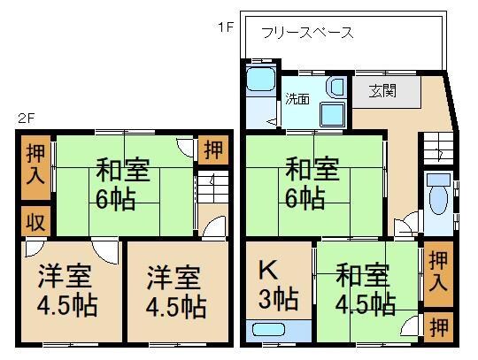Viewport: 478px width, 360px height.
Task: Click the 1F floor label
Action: (226, 27)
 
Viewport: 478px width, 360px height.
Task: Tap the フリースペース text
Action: (307, 34)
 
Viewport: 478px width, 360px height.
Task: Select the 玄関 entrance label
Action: (376, 90)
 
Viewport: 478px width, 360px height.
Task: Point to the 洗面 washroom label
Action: (297, 99)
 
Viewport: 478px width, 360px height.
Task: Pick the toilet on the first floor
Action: (436, 203)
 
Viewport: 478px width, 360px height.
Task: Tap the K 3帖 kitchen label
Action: (270, 286)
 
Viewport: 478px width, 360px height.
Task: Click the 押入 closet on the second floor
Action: (35, 166)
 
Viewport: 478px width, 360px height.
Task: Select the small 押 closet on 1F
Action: (437, 326)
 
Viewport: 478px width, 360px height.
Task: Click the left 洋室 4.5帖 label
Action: (66, 292)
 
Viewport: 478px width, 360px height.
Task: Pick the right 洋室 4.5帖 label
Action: (176, 292)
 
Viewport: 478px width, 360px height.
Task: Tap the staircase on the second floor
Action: (212, 188)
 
